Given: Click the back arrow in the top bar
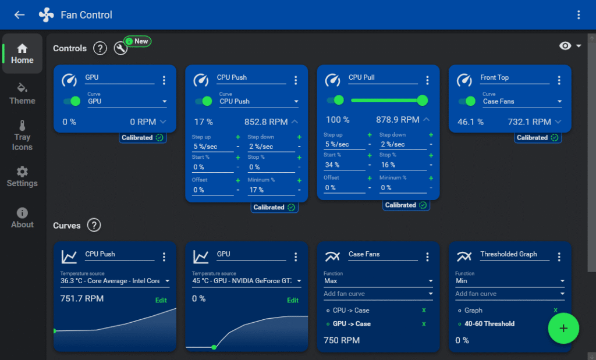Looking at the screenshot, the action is pos(19,15).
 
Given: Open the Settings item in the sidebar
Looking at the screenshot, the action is pos(22,177).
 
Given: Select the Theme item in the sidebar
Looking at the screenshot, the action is pos(22,94).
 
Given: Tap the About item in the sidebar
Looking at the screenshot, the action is pos(22,218).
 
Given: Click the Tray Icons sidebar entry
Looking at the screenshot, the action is pos(22,136).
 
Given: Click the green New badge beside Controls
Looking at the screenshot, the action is pos(137,41).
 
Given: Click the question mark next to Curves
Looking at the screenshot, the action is pos(94,225).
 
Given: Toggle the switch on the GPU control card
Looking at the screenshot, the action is pos(72,101).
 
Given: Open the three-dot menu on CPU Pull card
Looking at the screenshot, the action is pos(427,80).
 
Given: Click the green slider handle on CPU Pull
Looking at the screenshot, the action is pos(423,100).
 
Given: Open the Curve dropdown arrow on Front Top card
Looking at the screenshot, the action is pos(559,101).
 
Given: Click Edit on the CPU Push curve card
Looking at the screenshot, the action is pos(161,300).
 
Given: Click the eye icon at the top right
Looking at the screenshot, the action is pos(565,46).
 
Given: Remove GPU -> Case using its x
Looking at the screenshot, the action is pos(424,324).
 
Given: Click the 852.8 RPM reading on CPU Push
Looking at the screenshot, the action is pos(265,122).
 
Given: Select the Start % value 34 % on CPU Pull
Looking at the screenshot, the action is pos(332,165).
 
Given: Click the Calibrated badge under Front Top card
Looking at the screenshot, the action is pos(537,137).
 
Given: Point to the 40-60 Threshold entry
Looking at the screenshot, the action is pos(489,324).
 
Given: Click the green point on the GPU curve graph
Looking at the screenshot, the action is pos(214,347).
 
